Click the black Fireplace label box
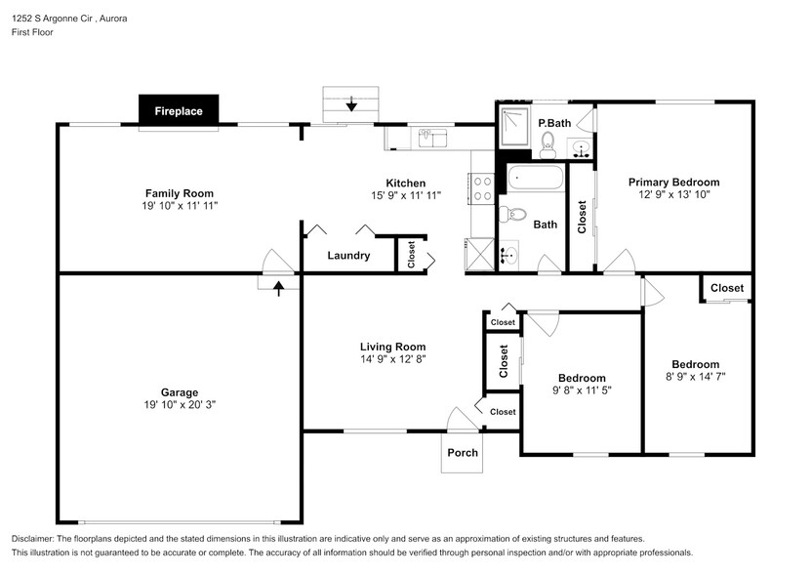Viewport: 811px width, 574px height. pyautogui.click(x=179, y=110)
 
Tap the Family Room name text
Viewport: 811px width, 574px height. pyautogui.click(x=180, y=193)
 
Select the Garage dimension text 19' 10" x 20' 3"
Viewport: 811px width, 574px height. pyautogui.click(x=180, y=404)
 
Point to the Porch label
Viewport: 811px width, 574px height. pyautogui.click(x=463, y=453)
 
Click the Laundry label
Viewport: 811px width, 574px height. pyautogui.click(x=348, y=256)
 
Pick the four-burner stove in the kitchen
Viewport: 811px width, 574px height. pyautogui.click(x=482, y=187)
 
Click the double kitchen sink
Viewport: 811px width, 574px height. pyautogui.click(x=432, y=138)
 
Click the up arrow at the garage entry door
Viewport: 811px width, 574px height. pyautogui.click(x=279, y=288)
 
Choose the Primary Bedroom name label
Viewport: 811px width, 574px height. pyautogui.click(x=673, y=183)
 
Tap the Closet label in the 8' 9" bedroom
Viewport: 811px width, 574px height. pyautogui.click(x=726, y=288)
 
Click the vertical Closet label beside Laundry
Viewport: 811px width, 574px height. pyautogui.click(x=411, y=255)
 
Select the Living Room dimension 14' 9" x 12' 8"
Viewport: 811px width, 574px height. pyautogui.click(x=392, y=358)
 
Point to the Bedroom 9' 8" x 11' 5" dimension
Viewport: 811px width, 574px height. pyautogui.click(x=582, y=390)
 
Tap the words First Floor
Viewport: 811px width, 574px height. pyautogui.click(x=32, y=32)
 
